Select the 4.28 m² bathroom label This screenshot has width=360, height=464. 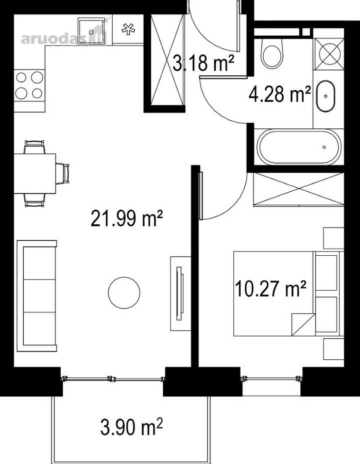coord(280,94)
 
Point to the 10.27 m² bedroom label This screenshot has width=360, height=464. coord(270,289)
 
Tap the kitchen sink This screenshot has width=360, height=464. coord(91,31)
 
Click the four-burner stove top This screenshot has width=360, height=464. coord(29,86)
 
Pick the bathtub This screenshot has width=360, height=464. coord(299,147)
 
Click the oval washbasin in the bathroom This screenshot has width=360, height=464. coord(325,96)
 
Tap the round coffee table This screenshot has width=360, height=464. coord(124,293)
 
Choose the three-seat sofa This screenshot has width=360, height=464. coord(37,296)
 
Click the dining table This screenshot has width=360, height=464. coord(35,173)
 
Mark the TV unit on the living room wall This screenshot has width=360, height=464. coord(180,293)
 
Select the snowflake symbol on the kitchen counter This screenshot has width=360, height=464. coord(128,29)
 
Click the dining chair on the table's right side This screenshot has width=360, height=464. coord(63,173)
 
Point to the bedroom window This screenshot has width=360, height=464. coord(271,378)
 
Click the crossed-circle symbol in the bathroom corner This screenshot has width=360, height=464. coord(330,54)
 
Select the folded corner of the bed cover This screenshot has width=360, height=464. coord(303,324)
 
